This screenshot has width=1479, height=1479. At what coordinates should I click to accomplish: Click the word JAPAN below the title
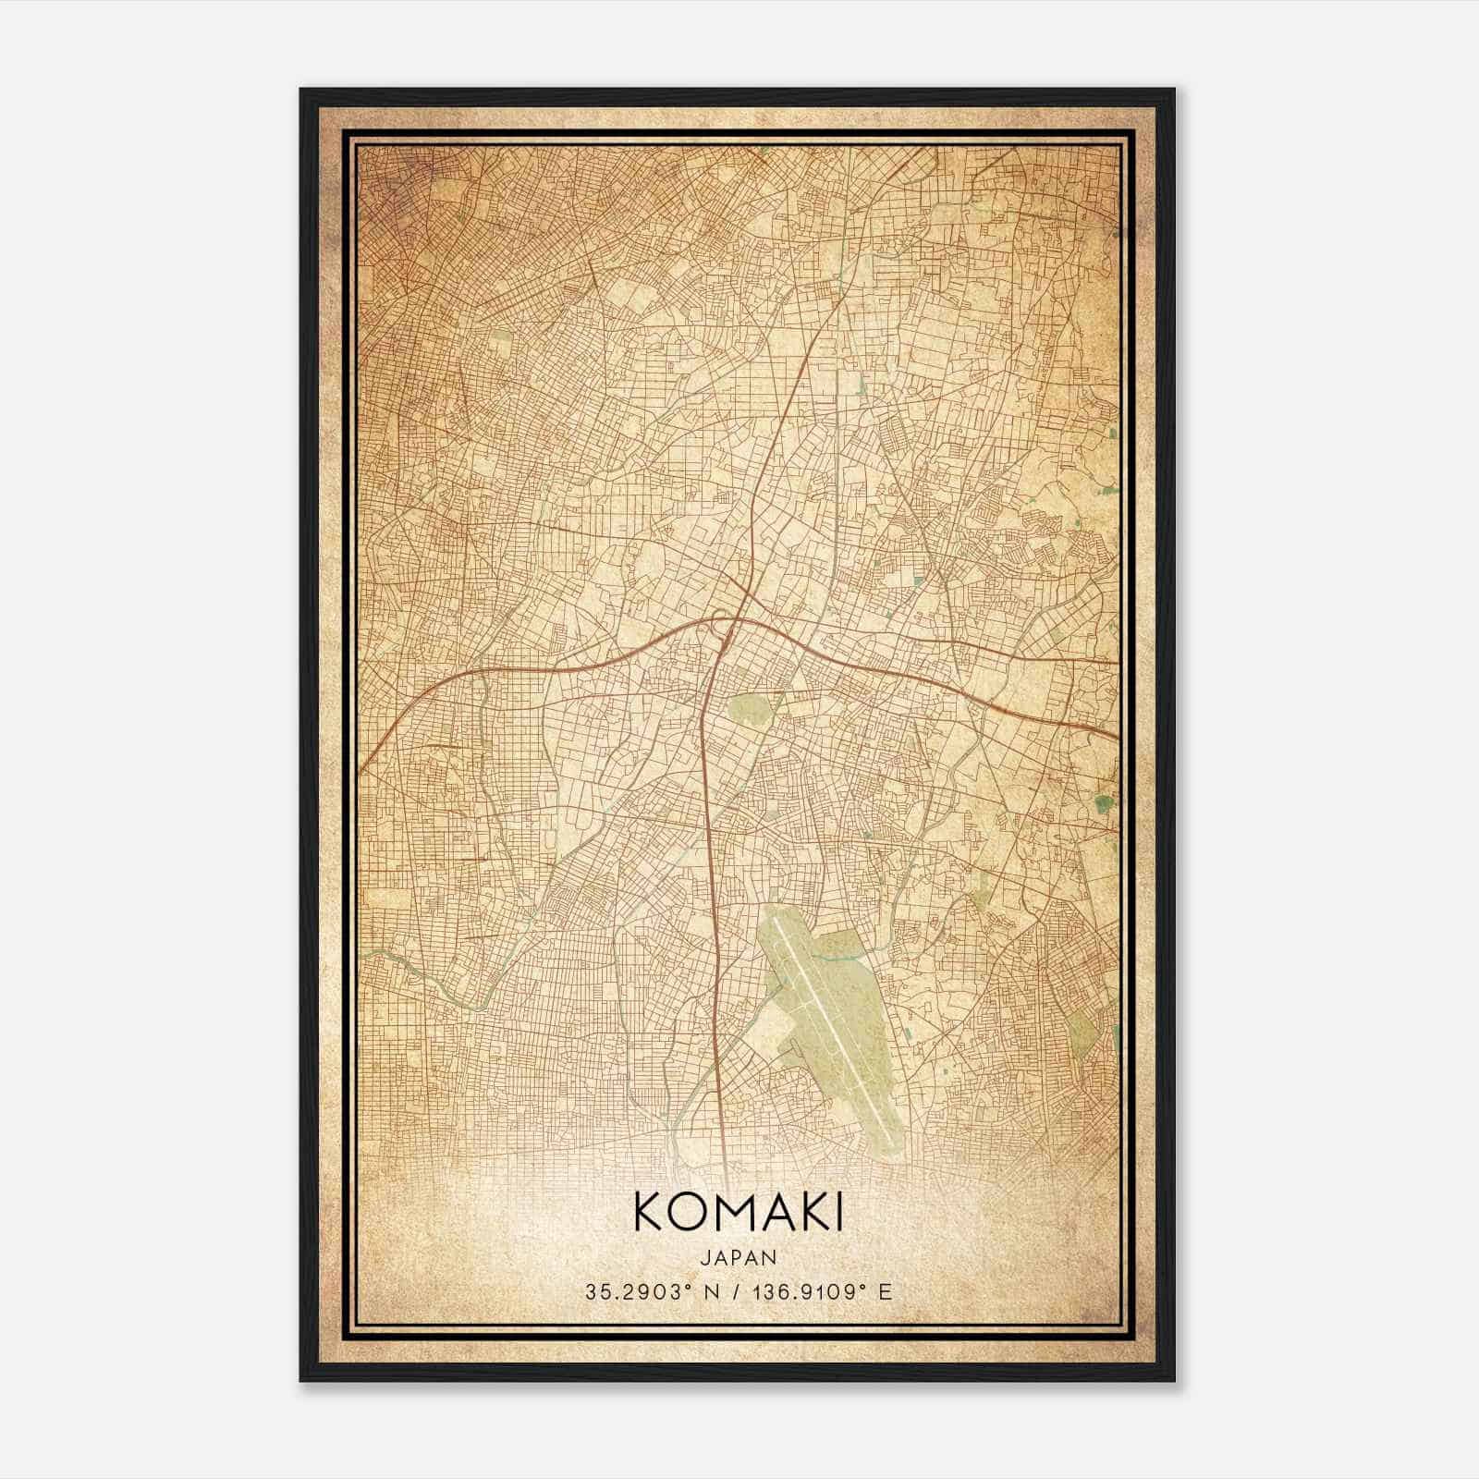tap(739, 1257)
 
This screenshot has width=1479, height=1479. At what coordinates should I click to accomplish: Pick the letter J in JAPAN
tap(707, 1257)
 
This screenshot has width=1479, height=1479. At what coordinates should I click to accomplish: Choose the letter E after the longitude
tap(886, 1291)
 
